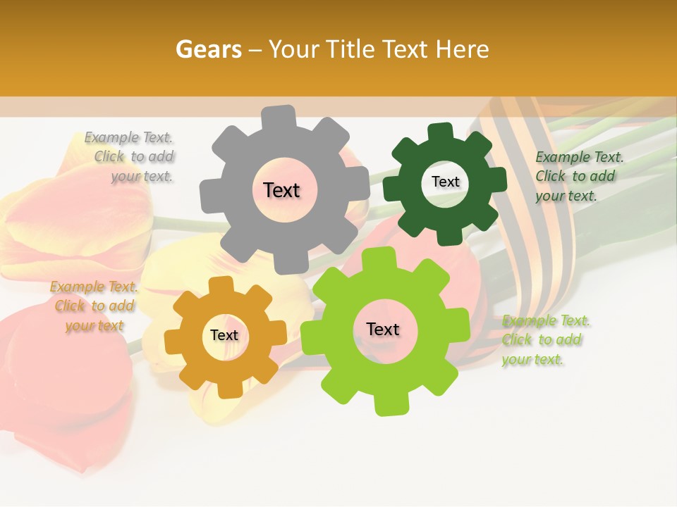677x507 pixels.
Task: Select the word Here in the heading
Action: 463,49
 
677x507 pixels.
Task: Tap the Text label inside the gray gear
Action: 281,190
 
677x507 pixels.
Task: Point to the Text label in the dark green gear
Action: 445,182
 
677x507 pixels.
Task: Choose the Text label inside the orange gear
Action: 224,336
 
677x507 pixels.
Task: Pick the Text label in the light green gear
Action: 383,330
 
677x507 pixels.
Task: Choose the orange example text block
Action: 93,306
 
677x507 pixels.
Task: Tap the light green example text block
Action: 544,340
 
